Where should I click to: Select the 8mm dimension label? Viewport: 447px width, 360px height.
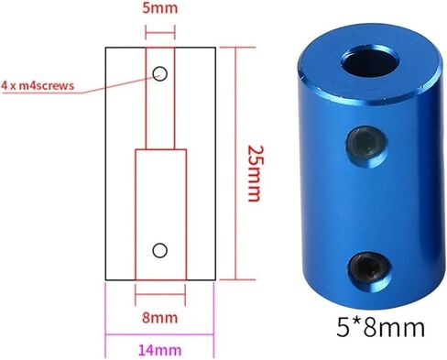pos(159,318)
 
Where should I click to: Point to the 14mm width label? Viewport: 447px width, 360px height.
pos(159,351)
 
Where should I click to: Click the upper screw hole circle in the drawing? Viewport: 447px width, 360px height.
pos(159,73)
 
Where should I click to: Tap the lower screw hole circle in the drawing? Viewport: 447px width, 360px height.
pos(159,248)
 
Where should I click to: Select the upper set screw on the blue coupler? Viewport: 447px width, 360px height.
pos(359,140)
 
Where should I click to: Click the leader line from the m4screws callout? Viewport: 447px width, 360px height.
pos(114,82)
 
